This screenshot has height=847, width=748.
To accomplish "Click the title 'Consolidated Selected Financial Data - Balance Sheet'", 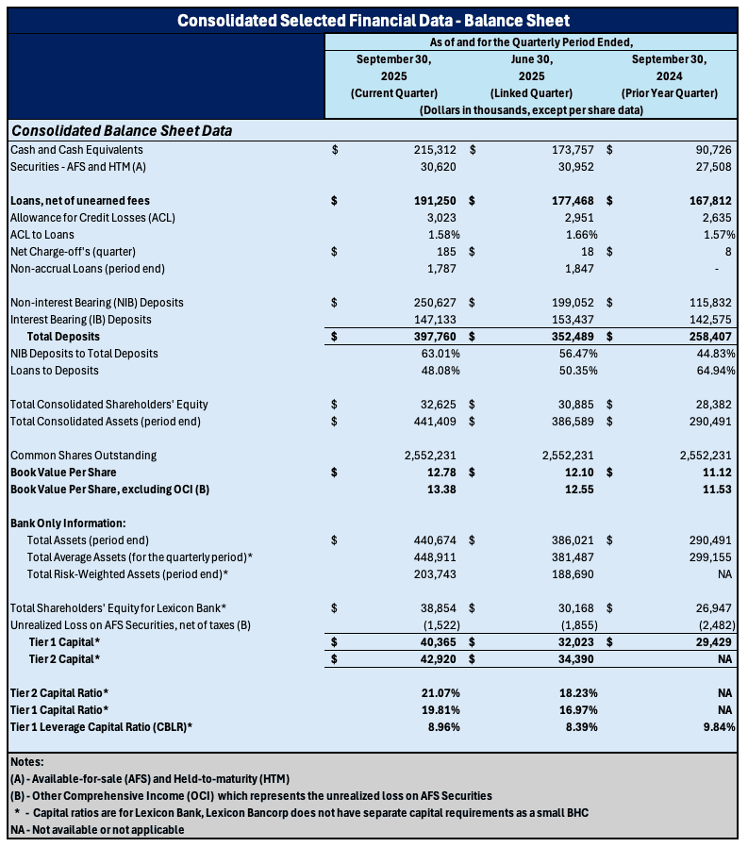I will point(374,20).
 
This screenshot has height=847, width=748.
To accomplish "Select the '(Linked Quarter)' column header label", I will point(531,92).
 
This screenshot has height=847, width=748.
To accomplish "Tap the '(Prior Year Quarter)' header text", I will point(669,92).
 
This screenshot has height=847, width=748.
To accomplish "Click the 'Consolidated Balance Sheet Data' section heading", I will point(121,130).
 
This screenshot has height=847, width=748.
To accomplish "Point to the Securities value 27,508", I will point(712,166).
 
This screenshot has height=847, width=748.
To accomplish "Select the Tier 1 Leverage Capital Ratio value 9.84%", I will point(719,726).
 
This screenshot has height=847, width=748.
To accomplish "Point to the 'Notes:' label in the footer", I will point(27,762).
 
